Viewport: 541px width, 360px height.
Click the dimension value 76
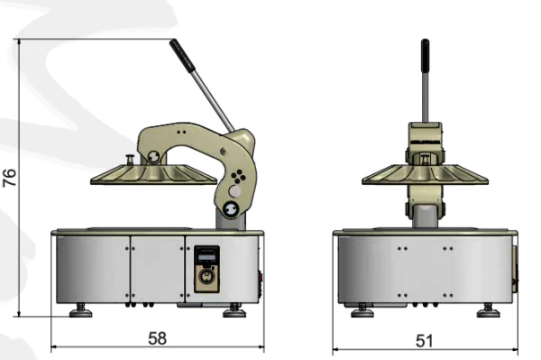coord(10,178)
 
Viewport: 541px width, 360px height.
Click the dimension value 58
coord(157,338)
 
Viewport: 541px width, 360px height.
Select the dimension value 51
coord(424,341)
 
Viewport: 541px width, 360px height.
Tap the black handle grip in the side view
coord(182,55)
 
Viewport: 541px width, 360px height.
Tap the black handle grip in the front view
coord(425,55)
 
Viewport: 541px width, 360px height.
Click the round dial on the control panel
coord(206,276)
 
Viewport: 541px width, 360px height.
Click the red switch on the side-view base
coord(261,277)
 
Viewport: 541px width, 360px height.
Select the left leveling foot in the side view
coord(81,310)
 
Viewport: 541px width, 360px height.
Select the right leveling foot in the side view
coord(234,310)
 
